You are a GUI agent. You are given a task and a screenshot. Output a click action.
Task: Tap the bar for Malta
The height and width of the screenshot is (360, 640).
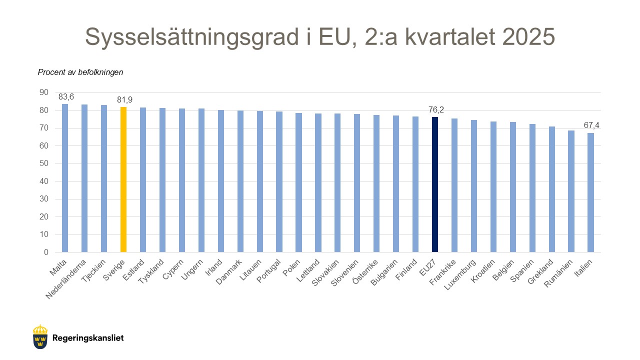click(65, 177)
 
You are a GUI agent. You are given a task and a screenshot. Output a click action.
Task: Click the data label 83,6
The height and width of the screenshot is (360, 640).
click(66, 97)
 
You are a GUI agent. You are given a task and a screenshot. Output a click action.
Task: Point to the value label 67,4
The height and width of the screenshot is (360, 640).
click(591, 125)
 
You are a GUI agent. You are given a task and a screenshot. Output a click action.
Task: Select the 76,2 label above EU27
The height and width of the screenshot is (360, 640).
click(436, 109)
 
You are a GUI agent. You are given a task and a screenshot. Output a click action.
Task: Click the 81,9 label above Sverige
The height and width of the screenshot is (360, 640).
click(124, 100)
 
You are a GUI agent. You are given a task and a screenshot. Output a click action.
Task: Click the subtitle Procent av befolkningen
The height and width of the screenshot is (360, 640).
click(80, 72)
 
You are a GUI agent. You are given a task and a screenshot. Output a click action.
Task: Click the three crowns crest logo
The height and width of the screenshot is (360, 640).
click(40, 337)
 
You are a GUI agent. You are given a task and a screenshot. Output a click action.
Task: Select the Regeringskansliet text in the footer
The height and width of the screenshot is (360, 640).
click(87, 338)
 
